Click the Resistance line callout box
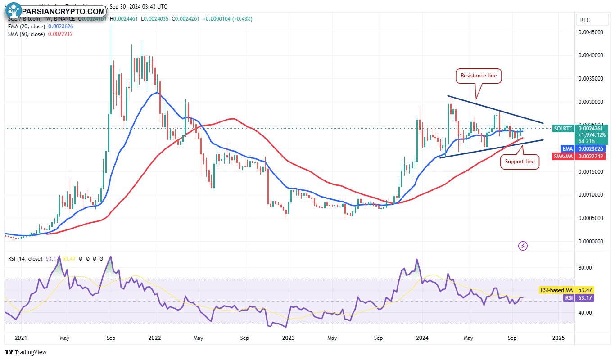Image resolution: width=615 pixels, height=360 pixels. (479, 76)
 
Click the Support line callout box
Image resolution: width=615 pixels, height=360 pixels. (520, 161)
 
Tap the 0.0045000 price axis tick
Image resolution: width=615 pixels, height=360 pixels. (591, 32)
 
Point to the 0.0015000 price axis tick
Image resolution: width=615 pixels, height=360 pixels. (591, 172)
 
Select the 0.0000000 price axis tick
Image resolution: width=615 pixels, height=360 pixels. (591, 242)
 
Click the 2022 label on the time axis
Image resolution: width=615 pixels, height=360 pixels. (154, 337)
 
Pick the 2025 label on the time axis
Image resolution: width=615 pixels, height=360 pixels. (558, 337)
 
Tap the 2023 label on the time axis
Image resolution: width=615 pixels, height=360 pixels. (288, 337)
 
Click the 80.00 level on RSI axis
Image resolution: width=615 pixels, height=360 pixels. (585, 268)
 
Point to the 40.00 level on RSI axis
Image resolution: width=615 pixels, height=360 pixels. (585, 313)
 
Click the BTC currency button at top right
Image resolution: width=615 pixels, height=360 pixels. (585, 20)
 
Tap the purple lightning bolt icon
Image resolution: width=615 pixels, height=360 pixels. (523, 246)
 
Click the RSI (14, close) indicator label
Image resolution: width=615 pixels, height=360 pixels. (25, 259)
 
